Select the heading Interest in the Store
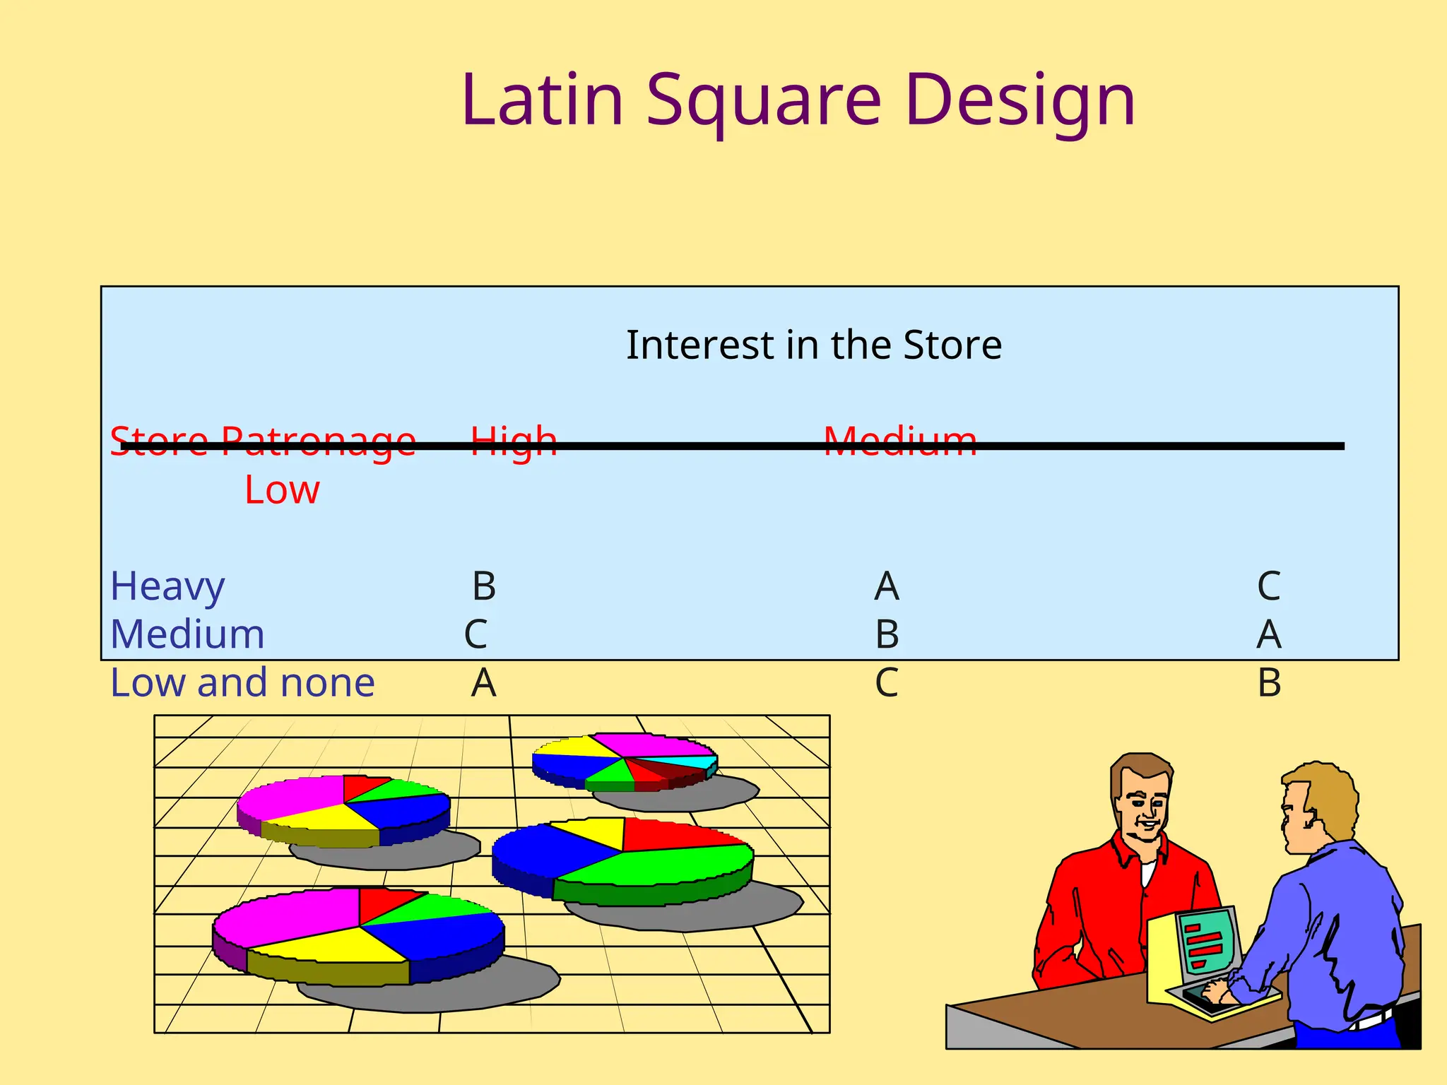(814, 345)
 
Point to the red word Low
(282, 490)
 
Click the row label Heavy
(167, 587)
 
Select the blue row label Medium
(187, 634)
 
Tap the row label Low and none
(242, 683)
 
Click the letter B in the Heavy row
(484, 586)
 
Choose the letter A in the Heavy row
(887, 586)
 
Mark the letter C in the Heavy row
(1269, 586)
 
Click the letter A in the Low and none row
(484, 683)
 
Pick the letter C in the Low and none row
(887, 683)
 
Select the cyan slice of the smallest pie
(696, 761)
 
